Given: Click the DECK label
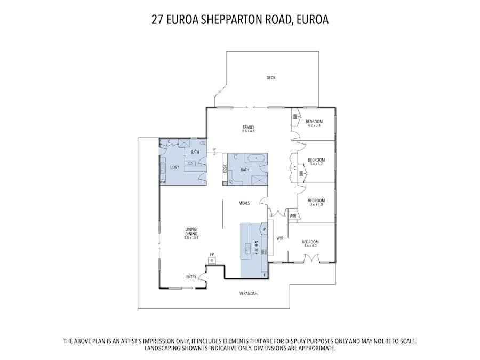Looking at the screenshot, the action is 271,78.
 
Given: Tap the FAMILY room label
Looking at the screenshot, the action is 248,127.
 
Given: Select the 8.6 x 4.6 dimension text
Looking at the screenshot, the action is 248,131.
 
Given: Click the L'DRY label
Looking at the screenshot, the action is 174,167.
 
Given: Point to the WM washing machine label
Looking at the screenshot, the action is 162,182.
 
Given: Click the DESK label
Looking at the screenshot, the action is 225,169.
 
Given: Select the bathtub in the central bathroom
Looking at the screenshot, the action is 257,158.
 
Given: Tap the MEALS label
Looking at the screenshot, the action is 244,203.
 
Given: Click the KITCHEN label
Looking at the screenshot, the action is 257,247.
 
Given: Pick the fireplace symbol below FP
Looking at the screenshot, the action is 212,260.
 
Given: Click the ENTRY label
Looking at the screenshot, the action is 191,277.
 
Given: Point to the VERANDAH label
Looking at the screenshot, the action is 248,293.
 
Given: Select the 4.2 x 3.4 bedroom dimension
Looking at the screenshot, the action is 314,125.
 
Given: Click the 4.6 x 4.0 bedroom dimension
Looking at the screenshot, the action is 310,245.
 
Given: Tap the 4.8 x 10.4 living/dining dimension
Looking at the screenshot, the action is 191,237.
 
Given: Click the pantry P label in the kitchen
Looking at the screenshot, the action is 265,229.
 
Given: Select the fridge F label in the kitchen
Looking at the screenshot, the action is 265,275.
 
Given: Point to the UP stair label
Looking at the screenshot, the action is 214,149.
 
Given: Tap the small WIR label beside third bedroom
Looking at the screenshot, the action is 293,216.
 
